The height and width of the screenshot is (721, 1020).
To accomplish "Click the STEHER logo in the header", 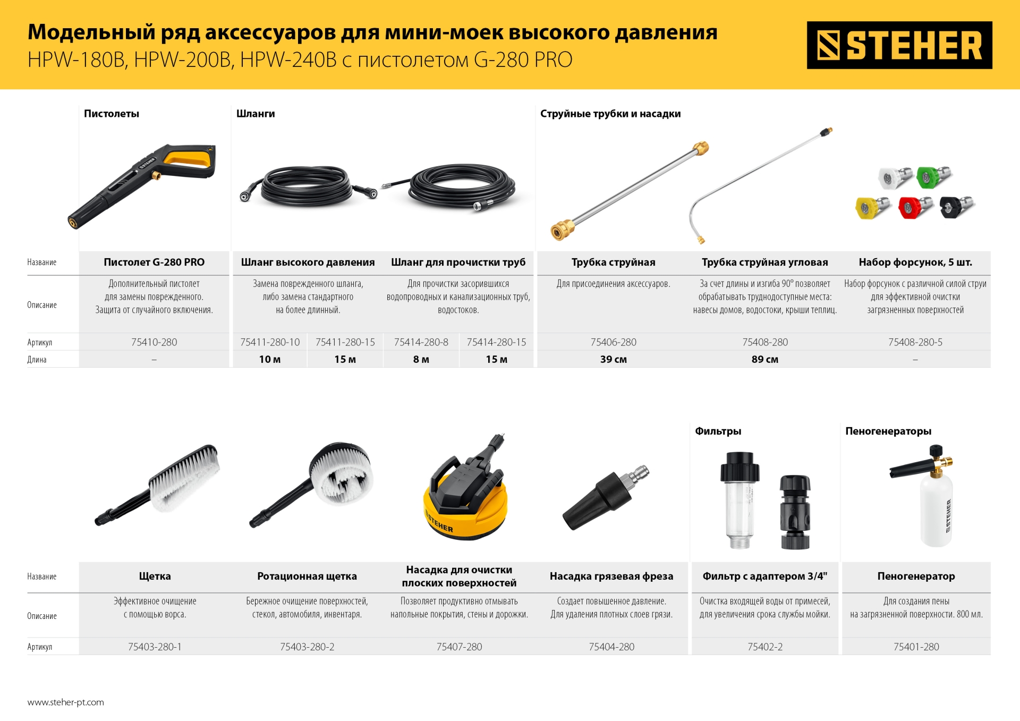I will [x=899, y=45].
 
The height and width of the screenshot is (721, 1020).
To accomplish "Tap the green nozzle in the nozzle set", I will [x=933, y=177].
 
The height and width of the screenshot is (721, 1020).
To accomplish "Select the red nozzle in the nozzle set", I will [x=914, y=207].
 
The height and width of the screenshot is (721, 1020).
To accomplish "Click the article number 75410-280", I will [x=154, y=342].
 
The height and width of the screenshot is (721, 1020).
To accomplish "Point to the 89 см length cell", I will [x=764, y=360].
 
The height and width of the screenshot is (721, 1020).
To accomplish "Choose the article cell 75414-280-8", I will [x=421, y=342].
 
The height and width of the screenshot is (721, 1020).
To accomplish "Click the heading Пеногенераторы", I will [x=888, y=431].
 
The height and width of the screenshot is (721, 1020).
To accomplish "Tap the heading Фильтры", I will [x=718, y=431].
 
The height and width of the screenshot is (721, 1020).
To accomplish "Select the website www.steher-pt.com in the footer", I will [x=66, y=702].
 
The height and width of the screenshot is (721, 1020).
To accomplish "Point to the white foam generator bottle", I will [x=936, y=510].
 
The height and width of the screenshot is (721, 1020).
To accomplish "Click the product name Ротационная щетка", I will [x=307, y=576].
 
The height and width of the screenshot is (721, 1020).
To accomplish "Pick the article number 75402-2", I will [x=764, y=647].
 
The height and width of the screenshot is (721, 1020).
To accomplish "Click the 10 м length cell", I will [x=270, y=360].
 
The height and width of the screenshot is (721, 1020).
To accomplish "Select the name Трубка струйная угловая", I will [x=764, y=262].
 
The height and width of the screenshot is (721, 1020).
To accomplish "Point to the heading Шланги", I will [x=256, y=114].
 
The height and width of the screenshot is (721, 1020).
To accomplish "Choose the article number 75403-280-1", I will [x=155, y=647].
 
